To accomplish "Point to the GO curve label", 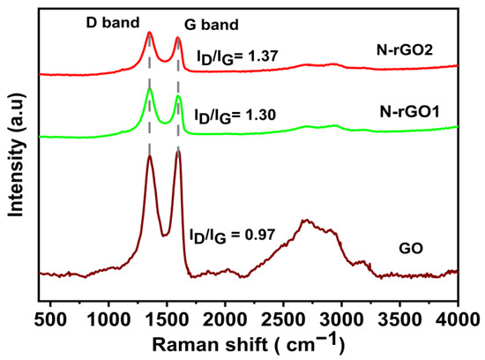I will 412,250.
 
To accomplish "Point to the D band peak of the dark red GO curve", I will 150,157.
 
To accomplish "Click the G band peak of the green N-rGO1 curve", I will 178,96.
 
